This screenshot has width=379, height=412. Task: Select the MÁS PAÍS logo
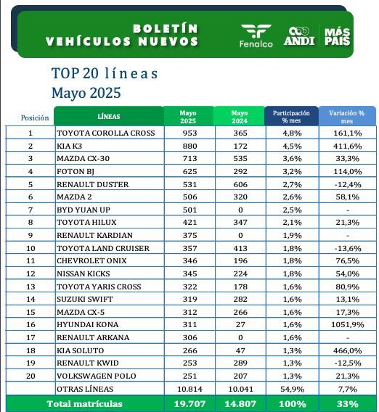[x=338, y=36]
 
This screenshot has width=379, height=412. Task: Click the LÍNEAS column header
[x=109, y=116]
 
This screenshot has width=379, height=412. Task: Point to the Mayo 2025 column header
[x=188, y=116]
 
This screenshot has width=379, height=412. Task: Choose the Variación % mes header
[x=346, y=116]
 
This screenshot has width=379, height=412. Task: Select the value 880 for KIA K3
[x=188, y=146]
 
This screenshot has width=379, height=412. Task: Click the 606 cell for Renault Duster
[x=239, y=184]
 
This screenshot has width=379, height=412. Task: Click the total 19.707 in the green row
[x=188, y=403]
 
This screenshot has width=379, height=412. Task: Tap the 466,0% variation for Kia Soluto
[x=346, y=350]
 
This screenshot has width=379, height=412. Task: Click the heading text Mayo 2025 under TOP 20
[x=86, y=93]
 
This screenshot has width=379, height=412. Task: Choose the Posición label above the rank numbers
[x=35, y=117]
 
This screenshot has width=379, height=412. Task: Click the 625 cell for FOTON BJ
[x=188, y=171]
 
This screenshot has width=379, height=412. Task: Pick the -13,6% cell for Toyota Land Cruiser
[x=346, y=248]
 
